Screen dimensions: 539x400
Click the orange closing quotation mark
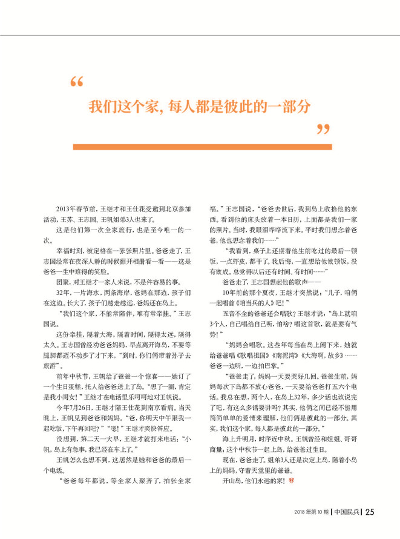pyautogui.click(x=324, y=129)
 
